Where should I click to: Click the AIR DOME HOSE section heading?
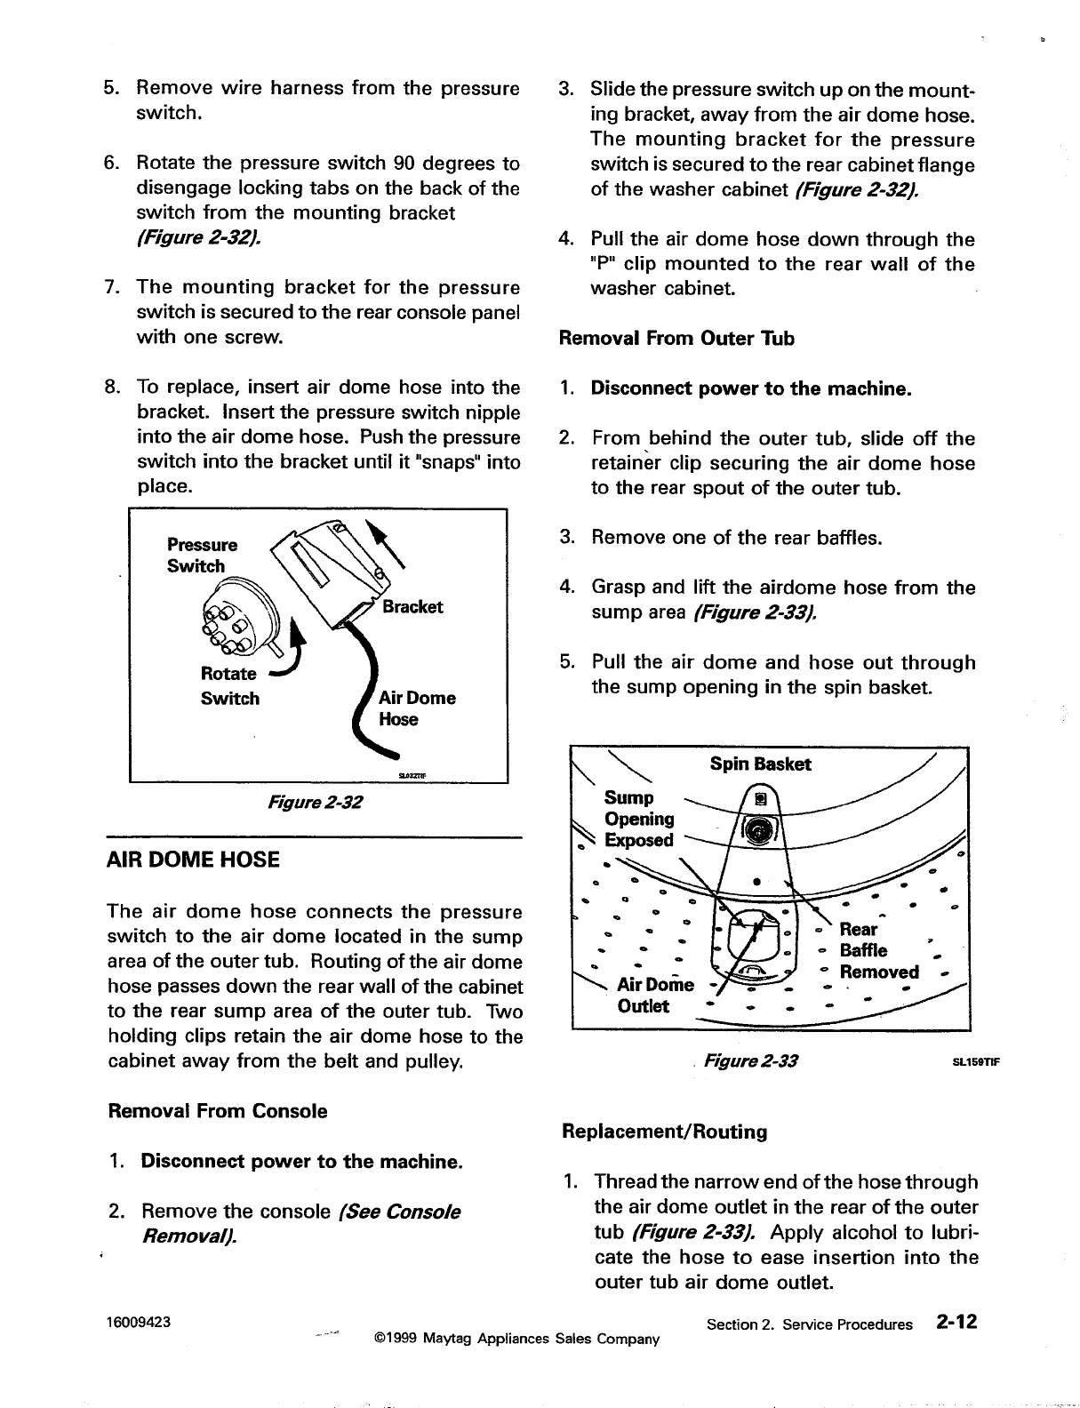[193, 860]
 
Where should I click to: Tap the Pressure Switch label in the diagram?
[202, 556]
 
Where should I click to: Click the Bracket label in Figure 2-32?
[412, 607]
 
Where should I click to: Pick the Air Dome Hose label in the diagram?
[417, 708]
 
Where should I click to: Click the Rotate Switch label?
[230, 685]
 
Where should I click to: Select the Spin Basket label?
[760, 764]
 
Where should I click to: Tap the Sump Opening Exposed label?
[639, 819]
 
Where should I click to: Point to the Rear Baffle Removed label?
[878, 950]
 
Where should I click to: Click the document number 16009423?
[139, 1321]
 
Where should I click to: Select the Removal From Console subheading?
[217, 1111]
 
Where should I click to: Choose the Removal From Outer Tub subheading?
[676, 339]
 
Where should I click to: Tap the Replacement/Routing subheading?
[664, 1132]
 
